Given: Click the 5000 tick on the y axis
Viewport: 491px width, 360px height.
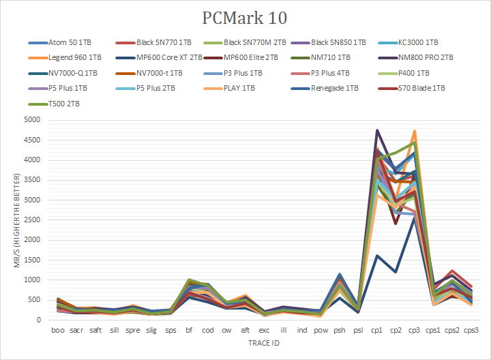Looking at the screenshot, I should coord(32,120).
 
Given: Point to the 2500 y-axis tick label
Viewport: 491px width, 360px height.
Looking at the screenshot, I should coord(32,220).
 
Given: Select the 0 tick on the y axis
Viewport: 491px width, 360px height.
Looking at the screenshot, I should coord(39,320).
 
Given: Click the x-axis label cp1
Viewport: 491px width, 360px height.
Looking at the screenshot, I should coord(376,330).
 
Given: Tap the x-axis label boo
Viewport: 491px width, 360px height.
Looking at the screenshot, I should coord(59,330).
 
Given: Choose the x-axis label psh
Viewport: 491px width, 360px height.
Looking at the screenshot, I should coord(339,330).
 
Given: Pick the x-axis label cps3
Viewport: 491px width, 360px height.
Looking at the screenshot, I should coord(471,330).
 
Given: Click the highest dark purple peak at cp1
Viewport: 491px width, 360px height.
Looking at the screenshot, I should coord(376,130).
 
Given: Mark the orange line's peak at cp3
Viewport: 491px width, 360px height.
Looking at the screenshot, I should coord(414,131).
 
